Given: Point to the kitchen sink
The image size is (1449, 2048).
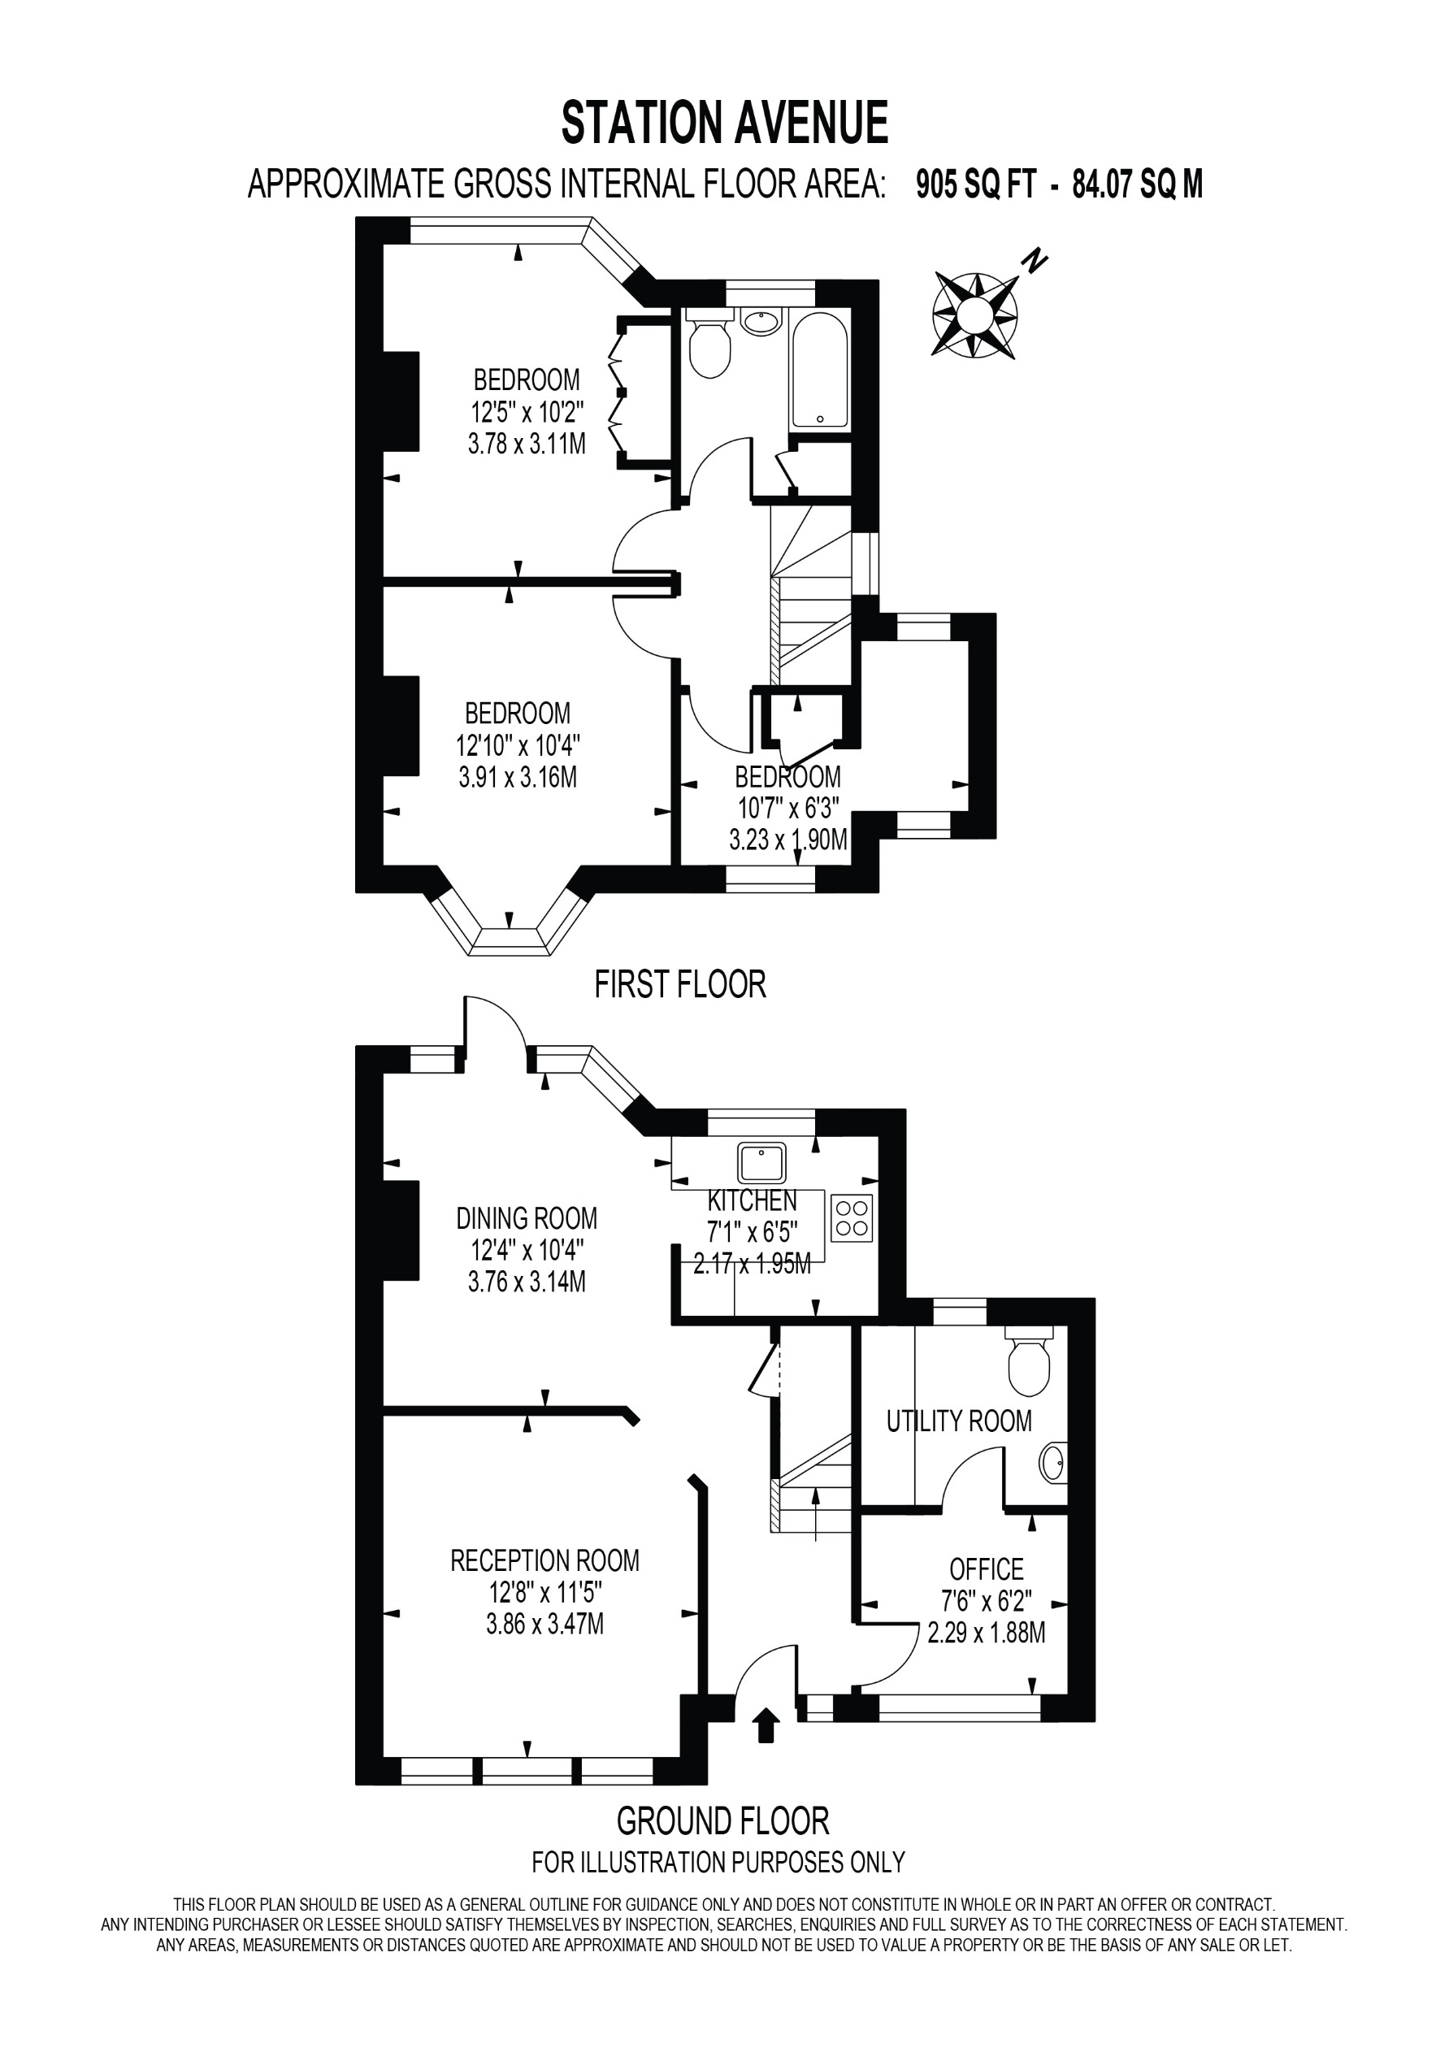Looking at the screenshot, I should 761,1163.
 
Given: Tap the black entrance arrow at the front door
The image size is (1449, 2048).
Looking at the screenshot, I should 766,1725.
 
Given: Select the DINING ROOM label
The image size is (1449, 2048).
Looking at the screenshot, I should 527,1218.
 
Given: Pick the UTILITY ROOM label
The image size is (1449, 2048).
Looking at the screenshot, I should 958,1421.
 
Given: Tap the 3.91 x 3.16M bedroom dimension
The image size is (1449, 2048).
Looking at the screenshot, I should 518,777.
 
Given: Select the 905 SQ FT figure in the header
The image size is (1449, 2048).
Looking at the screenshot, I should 975,184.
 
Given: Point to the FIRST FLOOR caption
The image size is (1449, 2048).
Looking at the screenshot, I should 680,984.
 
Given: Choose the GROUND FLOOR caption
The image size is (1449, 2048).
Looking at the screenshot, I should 722,1820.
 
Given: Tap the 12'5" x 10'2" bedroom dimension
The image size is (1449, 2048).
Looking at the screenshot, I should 527,412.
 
